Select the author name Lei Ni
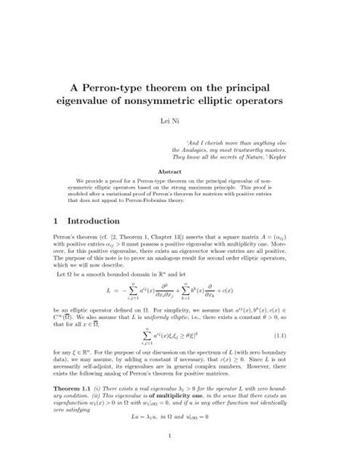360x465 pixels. pyautogui.click(x=180, y=123)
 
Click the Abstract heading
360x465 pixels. pyautogui.click(x=180, y=172)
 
